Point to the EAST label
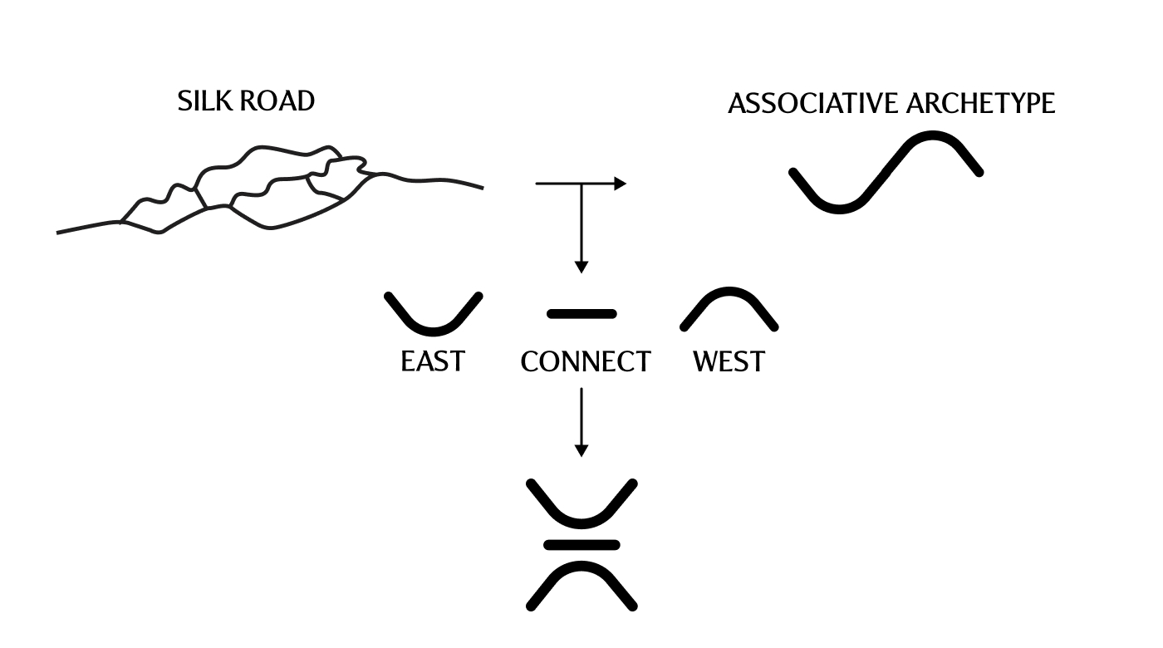433,362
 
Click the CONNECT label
586,362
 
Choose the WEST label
729,362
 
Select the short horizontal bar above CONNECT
581,314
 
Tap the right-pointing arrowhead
620,184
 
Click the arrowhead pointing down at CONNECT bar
581,267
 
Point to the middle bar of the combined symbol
581,545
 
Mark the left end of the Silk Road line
58,233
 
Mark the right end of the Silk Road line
482,188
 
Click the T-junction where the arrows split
581,184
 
